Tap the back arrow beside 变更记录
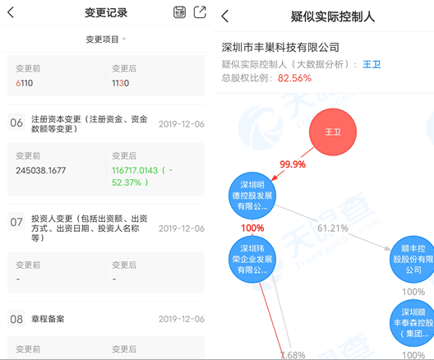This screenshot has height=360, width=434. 11,12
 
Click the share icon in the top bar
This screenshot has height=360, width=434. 200,12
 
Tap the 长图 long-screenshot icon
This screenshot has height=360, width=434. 180,12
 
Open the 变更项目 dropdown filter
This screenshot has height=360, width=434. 106,39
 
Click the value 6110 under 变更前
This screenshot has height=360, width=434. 25,83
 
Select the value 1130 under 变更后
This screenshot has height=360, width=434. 120,83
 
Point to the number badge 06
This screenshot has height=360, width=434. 16,122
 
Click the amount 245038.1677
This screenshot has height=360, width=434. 41,170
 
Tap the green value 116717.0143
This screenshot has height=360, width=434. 135,170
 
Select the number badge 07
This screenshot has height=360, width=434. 16,222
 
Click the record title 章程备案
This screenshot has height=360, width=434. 48,319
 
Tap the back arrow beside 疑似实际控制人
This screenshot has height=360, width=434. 225,16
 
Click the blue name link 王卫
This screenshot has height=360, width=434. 372,64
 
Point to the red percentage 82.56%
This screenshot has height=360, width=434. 294,78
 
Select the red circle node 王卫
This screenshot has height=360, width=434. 333,132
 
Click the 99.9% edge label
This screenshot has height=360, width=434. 293,164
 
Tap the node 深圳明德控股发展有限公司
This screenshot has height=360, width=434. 252,196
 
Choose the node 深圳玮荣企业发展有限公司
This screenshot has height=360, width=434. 252,259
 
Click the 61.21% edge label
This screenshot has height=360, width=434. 333,228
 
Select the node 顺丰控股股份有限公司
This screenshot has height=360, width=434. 413,259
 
